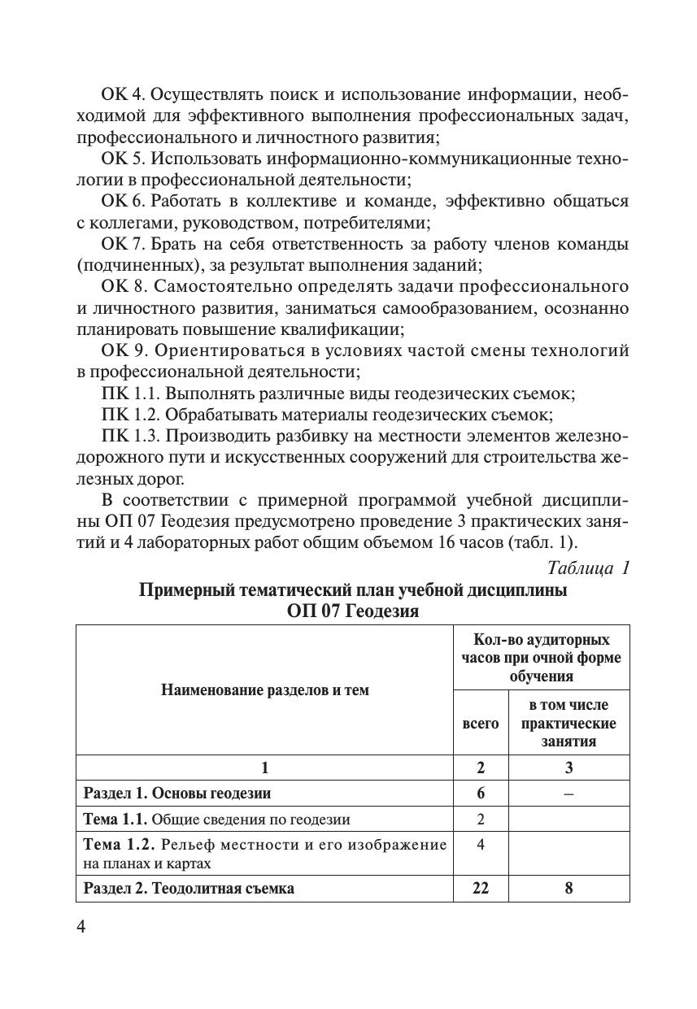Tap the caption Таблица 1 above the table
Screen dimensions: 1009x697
coord(588,568)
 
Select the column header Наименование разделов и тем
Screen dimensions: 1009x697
coord(264,690)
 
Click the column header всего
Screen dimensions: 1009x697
coord(481,723)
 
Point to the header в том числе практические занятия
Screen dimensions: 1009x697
coord(568,723)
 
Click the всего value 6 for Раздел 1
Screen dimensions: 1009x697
coord(481,793)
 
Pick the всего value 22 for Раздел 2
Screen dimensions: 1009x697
coord(481,888)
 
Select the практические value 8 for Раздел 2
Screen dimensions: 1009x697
coord(568,888)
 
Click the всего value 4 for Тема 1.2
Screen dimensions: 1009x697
coord(481,844)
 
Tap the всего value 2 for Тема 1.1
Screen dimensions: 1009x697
coord(481,819)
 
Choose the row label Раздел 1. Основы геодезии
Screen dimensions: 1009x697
coord(177,793)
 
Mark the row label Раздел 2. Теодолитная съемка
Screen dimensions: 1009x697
coord(189,888)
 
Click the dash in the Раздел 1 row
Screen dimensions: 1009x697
coord(568,793)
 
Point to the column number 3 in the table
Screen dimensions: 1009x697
coord(568,768)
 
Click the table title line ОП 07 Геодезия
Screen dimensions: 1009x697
coord(353,611)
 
